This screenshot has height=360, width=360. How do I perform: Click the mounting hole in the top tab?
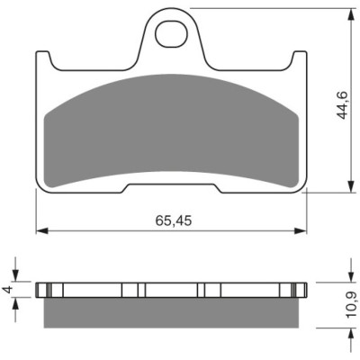point(171,33)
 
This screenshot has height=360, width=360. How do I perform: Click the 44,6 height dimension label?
point(342,105)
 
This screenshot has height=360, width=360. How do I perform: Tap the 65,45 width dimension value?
point(174,221)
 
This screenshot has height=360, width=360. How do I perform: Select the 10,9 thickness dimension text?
point(351,305)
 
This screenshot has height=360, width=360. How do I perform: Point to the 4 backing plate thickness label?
point(8,290)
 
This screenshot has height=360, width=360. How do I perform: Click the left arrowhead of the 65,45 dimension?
point(41,230)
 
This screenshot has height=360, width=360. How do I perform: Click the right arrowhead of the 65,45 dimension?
point(301,230)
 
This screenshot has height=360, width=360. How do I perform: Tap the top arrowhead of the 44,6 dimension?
point(350,14)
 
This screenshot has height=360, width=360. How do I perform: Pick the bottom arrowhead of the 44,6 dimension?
point(350,186)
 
